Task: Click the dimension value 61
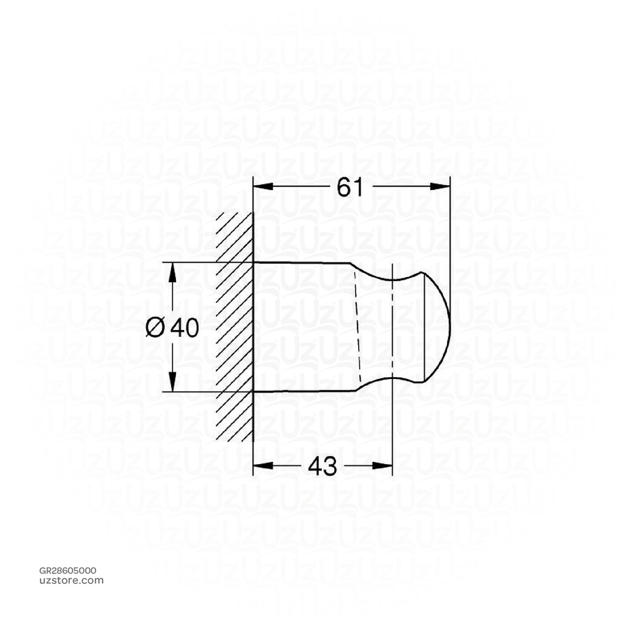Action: pyautogui.click(x=350, y=187)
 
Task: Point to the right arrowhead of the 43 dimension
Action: pyautogui.click(x=386, y=465)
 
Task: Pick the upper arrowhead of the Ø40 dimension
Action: pyautogui.click(x=173, y=270)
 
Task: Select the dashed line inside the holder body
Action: pyautogui.click(x=358, y=325)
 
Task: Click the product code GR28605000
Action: pyautogui.click(x=67, y=570)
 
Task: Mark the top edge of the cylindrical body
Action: pyautogui.click(x=301, y=262)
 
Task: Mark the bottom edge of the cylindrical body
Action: pyautogui.click(x=301, y=391)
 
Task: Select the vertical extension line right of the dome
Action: pyautogui.click(x=451, y=233)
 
